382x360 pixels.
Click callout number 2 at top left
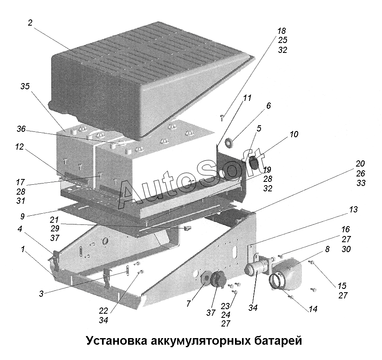click(30, 23)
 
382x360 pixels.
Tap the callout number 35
click(25, 86)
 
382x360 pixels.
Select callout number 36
click(21, 129)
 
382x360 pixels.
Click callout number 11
click(247, 98)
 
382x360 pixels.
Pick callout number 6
click(268, 106)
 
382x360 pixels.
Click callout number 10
click(294, 135)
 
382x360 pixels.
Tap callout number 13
click(353, 210)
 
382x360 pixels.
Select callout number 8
click(327, 249)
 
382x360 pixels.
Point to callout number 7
click(188, 304)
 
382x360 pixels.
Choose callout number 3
click(41, 294)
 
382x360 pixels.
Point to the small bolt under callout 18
click(222, 118)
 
